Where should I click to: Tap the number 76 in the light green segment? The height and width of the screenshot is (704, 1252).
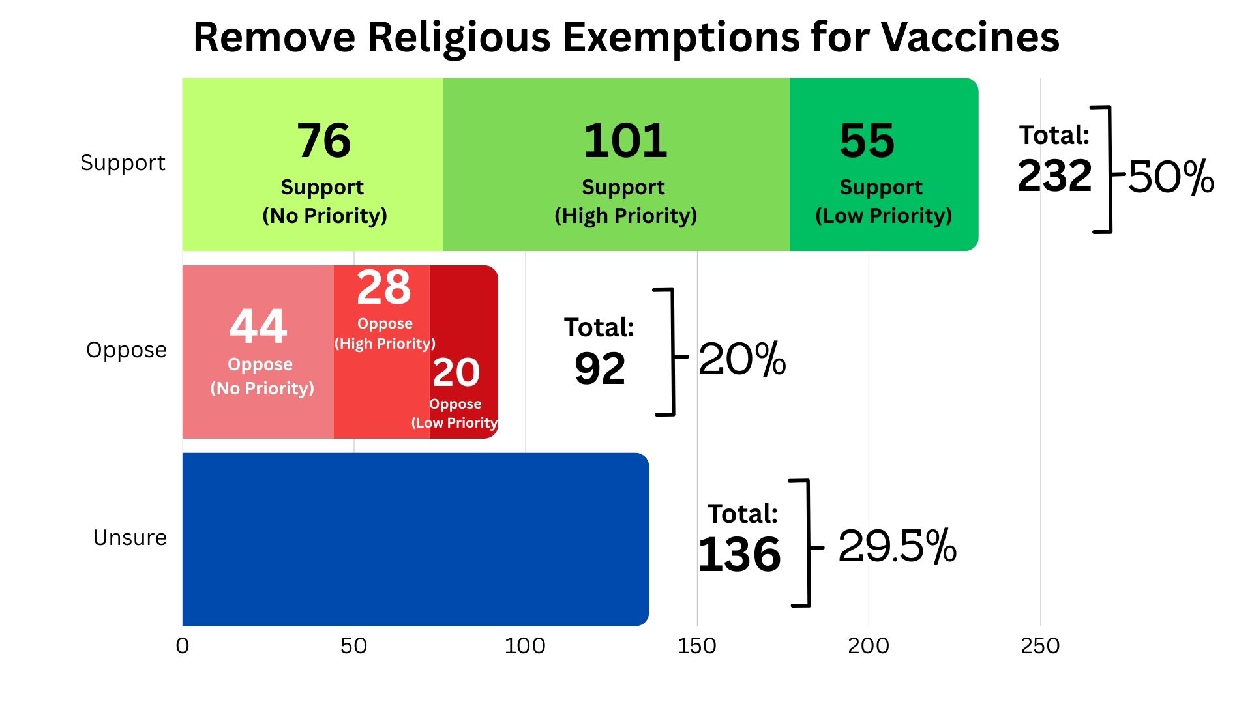[x=324, y=141]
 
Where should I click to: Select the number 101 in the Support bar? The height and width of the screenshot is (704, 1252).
[x=625, y=141]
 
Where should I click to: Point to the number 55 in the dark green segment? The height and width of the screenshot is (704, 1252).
[x=867, y=141]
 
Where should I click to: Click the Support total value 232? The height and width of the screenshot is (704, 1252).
[x=1054, y=176]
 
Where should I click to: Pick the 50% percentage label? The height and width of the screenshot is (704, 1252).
[x=1171, y=177]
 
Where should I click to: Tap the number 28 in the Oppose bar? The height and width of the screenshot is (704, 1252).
[x=383, y=287]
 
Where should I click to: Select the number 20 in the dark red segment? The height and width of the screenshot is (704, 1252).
[x=456, y=373]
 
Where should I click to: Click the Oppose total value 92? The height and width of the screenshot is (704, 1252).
[x=600, y=369]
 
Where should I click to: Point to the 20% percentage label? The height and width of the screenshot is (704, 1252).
[x=742, y=359]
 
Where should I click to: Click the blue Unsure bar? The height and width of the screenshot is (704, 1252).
[x=415, y=539]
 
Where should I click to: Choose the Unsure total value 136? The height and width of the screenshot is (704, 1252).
[x=739, y=555]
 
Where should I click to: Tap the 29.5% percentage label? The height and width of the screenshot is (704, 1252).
[x=897, y=546]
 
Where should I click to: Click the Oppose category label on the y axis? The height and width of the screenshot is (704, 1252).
[x=127, y=350]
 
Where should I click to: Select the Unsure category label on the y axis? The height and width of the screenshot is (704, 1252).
[x=130, y=538]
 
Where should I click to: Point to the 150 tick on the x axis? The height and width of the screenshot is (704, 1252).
[x=696, y=646]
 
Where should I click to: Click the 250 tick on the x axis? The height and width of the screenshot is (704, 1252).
[x=1040, y=646]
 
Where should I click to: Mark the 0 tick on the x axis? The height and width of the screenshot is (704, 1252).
[x=183, y=646]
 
